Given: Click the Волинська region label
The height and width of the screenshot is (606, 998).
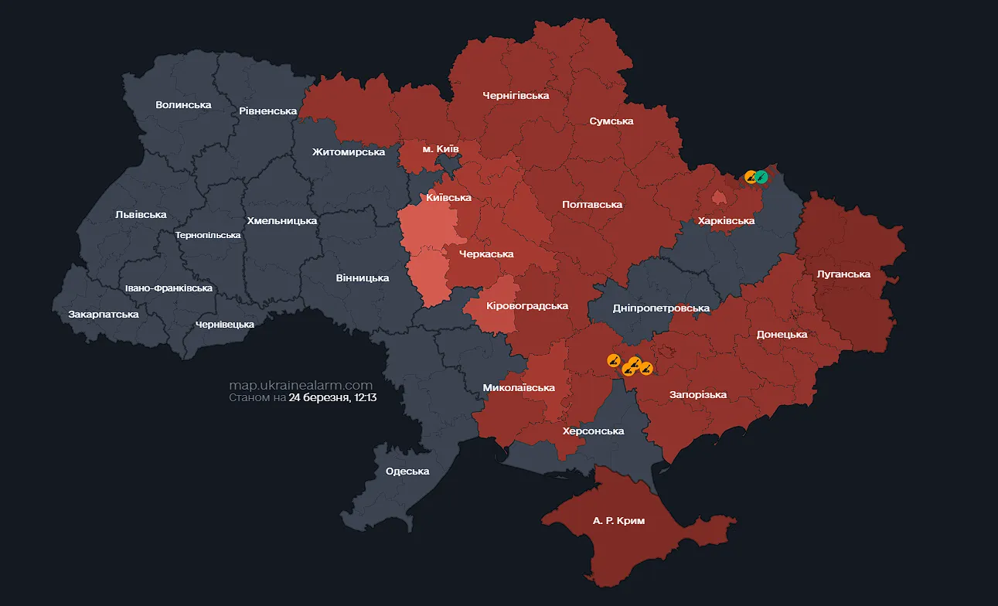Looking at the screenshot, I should click(183, 104).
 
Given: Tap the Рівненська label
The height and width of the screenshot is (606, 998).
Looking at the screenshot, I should click(268, 111).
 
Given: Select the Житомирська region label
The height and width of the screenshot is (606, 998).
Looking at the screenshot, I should click(349, 151).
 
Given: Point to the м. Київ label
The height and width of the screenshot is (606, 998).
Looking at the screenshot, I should click(441, 148).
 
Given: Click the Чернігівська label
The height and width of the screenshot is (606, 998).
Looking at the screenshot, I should click(516, 95).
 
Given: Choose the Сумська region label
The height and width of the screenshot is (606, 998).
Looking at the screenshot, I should click(611, 121).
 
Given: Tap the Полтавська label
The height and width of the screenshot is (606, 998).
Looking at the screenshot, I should click(592, 204).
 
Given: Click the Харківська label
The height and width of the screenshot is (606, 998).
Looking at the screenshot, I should click(726, 221).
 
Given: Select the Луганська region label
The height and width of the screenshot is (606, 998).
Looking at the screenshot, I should click(843, 274).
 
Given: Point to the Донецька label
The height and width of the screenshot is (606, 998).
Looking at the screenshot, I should click(782, 334).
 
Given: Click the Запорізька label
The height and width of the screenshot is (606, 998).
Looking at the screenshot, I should click(698, 394).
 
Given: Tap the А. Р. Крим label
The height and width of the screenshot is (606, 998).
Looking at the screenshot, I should click(618, 521).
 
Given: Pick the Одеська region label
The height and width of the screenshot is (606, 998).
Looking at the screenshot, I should click(407, 472).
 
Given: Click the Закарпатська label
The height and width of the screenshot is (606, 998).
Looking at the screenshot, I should click(104, 314).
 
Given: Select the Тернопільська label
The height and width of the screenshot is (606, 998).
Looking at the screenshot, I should click(208, 235).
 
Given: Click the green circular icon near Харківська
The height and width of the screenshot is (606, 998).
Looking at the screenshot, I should click(761, 176).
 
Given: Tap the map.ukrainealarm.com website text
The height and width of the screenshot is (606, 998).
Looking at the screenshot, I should click(301, 385).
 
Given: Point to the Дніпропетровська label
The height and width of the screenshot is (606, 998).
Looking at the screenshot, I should click(661, 308).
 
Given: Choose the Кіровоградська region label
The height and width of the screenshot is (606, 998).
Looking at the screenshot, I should click(527, 305).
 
